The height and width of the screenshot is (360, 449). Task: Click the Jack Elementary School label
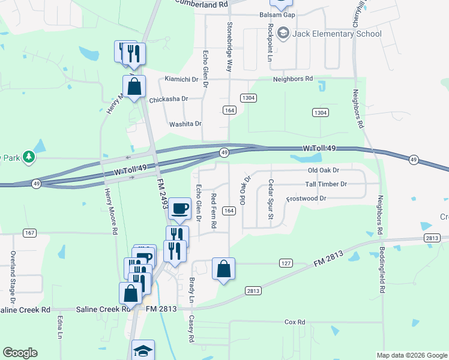click(x=336, y=34)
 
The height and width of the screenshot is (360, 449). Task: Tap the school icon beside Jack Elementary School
click(x=283, y=34)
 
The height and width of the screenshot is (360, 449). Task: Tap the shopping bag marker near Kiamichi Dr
click(x=134, y=86)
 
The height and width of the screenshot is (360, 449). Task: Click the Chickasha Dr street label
click(x=169, y=99)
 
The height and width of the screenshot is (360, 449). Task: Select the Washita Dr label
click(x=185, y=124)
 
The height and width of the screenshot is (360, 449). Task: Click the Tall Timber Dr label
click(x=326, y=184)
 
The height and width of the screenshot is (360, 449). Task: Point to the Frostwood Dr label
click(x=306, y=198)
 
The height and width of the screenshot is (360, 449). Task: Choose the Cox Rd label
click(x=295, y=322)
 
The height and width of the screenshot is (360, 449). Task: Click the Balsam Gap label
click(x=278, y=14)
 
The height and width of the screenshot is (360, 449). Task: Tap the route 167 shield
click(x=29, y=232)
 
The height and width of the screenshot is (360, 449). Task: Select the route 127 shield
click(x=286, y=263)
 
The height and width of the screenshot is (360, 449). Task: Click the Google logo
click(x=20, y=353)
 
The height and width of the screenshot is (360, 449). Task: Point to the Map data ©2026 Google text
click(x=411, y=355)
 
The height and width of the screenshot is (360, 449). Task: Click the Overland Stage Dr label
click(x=13, y=277)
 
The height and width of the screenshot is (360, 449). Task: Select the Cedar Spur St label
click(x=271, y=199)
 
